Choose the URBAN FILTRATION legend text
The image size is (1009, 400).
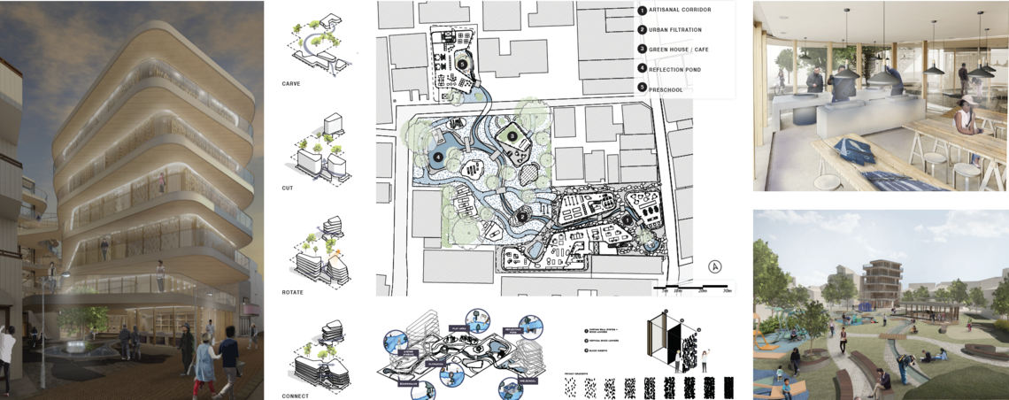(x=676, y=29)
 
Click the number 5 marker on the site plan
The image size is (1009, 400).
(x=462, y=64)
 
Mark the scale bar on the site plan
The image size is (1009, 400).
(x=694, y=287)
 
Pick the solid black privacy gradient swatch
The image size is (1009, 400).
(x=728, y=387)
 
